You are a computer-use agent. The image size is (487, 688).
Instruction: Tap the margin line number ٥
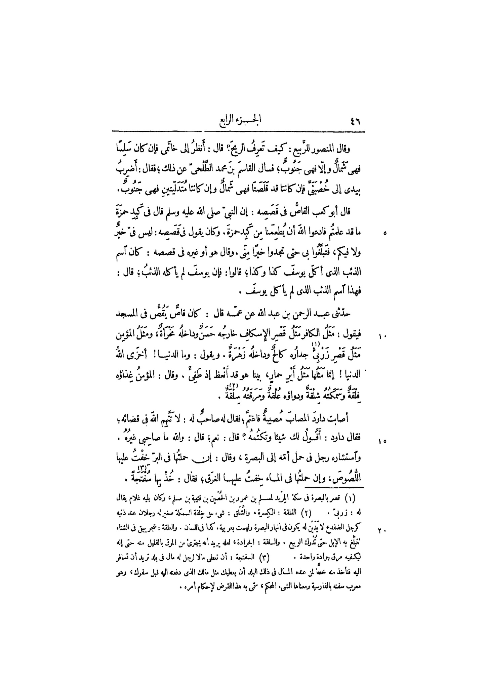tap(385, 232)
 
